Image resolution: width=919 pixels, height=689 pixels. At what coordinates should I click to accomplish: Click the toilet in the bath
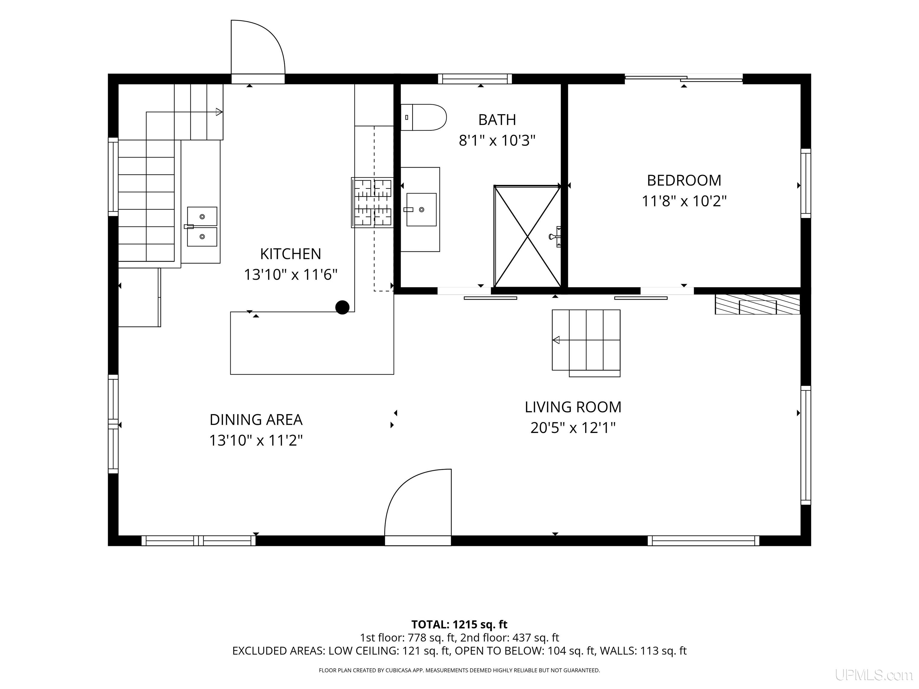(x=423, y=118)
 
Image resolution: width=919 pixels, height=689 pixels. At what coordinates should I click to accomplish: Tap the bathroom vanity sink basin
(x=421, y=209)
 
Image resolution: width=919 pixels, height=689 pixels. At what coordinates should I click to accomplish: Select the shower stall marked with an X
(x=527, y=236)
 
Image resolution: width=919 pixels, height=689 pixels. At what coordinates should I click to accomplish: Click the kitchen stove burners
(x=372, y=203)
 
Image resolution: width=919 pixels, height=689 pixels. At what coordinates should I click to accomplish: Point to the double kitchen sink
(x=202, y=227)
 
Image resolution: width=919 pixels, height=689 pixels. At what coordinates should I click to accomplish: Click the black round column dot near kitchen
(x=342, y=307)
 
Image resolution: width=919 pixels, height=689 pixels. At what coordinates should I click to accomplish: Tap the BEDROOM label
(x=684, y=180)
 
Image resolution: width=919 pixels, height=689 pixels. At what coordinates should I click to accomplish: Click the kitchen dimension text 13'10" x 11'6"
(x=290, y=275)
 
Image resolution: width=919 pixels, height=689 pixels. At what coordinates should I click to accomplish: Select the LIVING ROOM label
(x=573, y=407)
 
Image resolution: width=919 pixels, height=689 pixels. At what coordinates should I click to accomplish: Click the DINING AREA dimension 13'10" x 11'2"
(x=256, y=440)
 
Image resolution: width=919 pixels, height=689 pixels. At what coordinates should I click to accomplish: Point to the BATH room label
(x=497, y=120)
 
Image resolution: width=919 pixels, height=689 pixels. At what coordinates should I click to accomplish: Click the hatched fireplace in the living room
(x=757, y=304)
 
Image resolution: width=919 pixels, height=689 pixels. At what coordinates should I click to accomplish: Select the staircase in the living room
(x=586, y=343)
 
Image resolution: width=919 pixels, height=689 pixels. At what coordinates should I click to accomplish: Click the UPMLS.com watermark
(x=874, y=675)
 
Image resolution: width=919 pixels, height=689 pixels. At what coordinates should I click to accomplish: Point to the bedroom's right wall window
(x=806, y=183)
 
